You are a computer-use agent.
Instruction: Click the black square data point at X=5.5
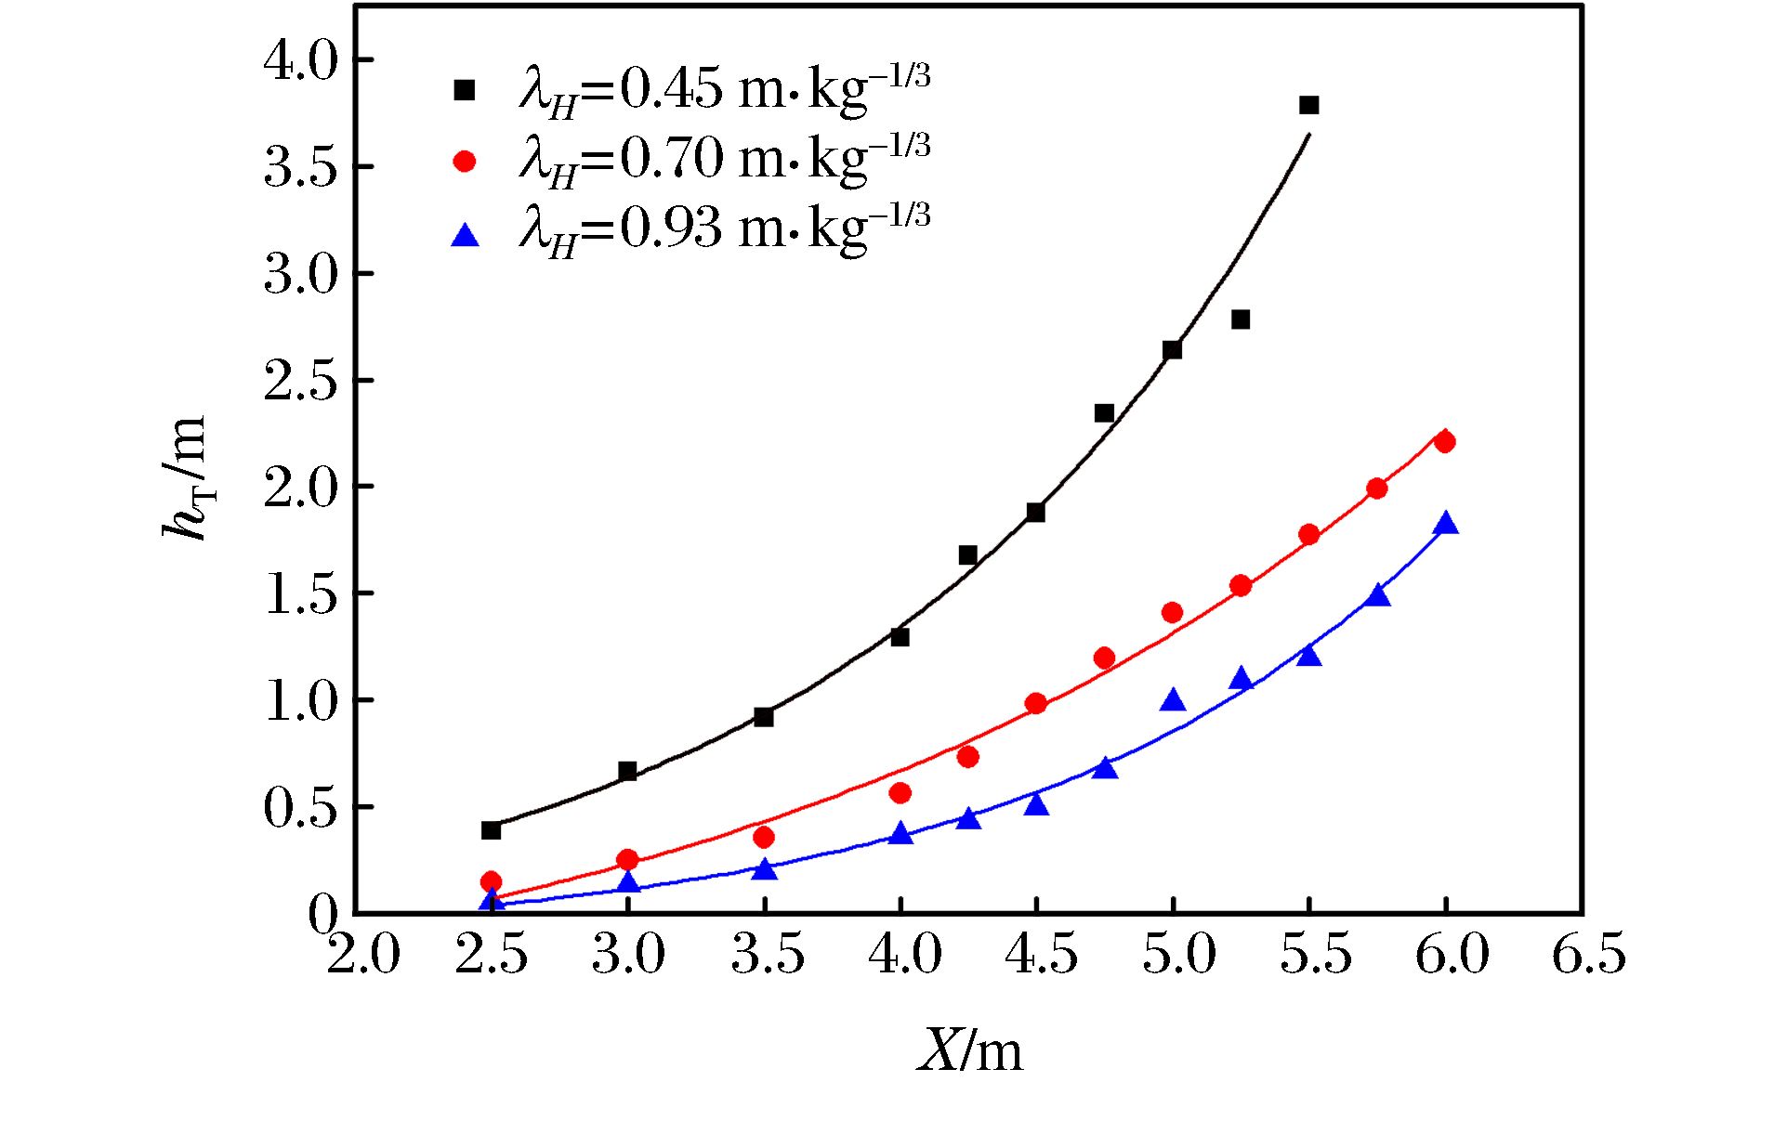click(x=1308, y=105)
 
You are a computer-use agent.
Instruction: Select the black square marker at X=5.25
click(x=1241, y=319)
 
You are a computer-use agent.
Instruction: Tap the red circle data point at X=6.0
click(x=1444, y=442)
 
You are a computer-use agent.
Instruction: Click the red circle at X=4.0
click(x=900, y=792)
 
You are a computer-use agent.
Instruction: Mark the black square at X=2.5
click(x=491, y=829)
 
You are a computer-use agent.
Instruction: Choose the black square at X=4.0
click(x=900, y=637)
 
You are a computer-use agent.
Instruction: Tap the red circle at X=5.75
click(x=1376, y=489)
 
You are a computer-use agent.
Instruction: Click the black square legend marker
click(x=464, y=90)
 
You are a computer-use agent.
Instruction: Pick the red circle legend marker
click(x=464, y=162)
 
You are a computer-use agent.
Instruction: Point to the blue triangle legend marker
click(x=464, y=236)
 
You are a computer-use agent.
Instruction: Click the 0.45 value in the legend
click(x=670, y=89)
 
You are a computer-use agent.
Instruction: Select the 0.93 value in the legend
click(x=670, y=228)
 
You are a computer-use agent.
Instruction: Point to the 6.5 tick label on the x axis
click(x=1588, y=955)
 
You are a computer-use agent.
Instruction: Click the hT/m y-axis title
click(x=187, y=477)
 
